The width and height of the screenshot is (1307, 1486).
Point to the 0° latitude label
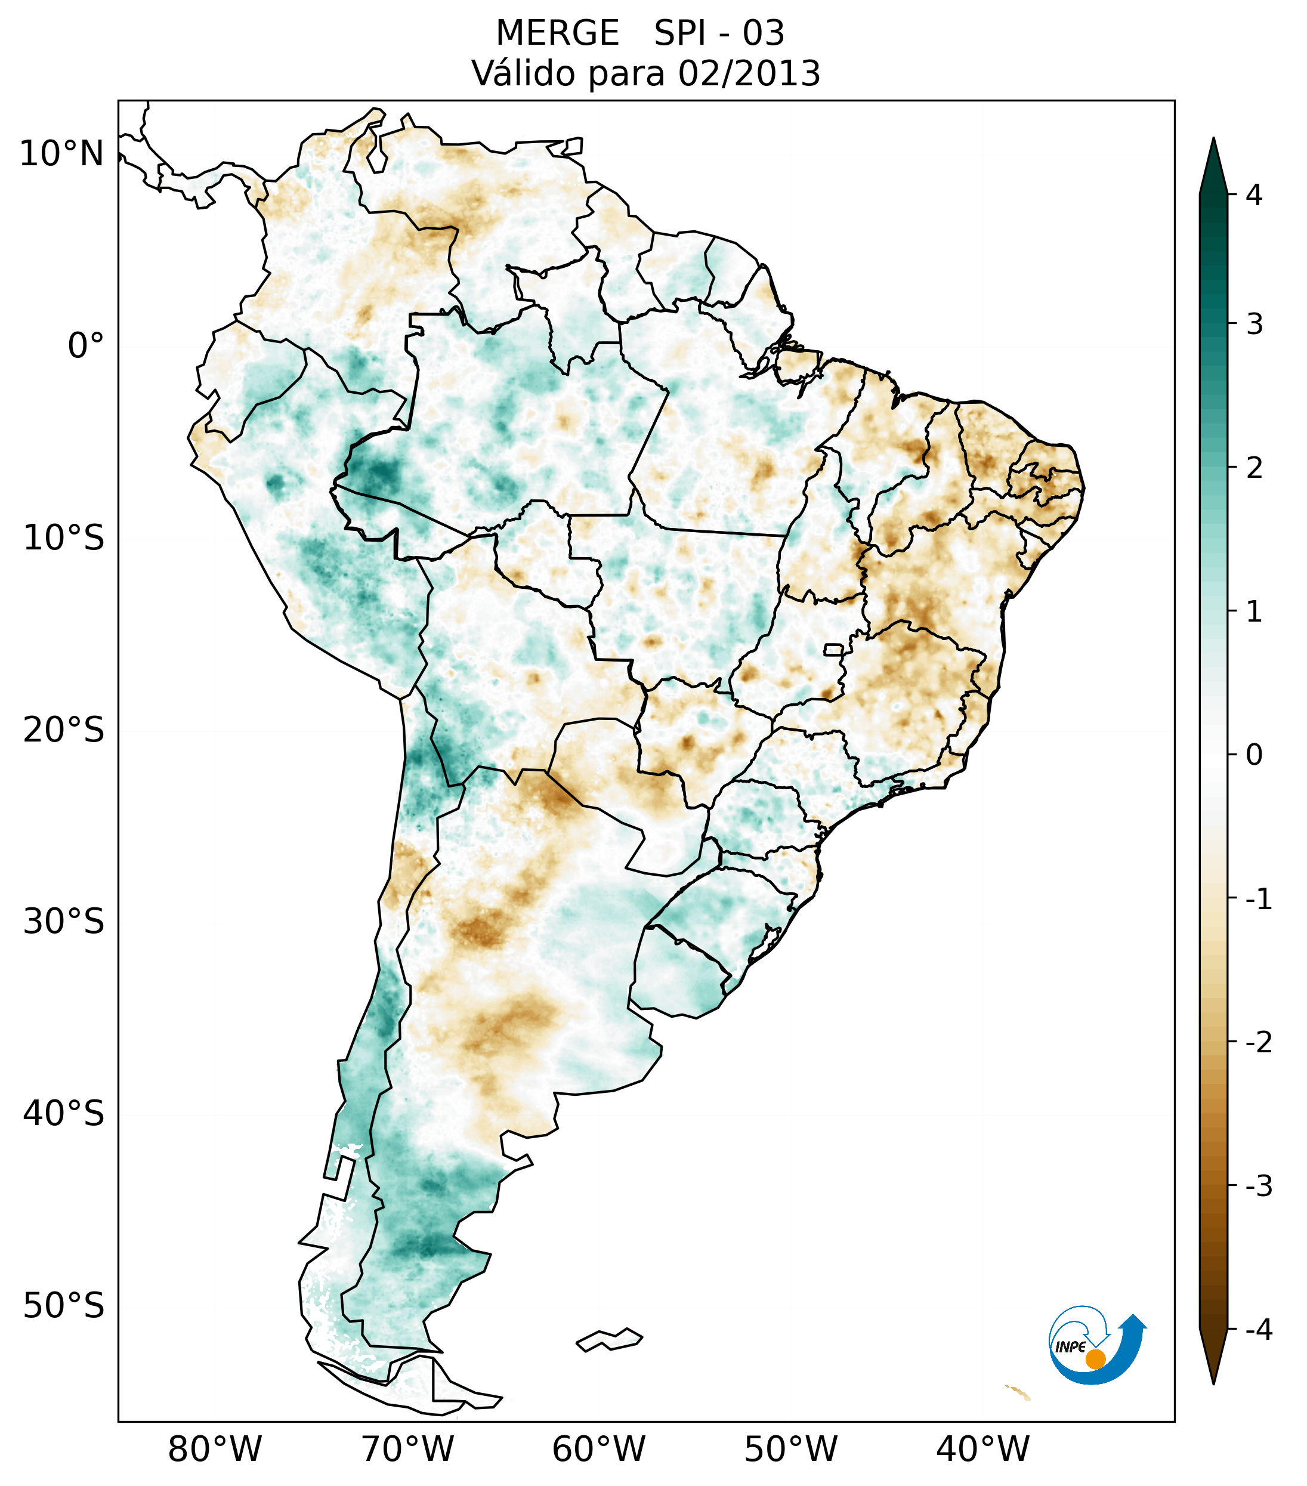pos(86,345)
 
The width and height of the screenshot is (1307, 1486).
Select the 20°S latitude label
pos(64,730)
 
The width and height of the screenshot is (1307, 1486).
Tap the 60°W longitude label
pos(598,1449)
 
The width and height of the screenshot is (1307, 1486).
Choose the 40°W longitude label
pos(983,1449)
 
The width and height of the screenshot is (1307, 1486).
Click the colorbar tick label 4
pos(1254,195)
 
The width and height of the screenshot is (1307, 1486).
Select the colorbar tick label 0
pos(1254,755)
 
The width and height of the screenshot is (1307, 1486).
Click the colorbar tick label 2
pos(1254,468)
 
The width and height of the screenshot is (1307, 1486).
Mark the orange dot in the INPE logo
pos(1095,1359)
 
